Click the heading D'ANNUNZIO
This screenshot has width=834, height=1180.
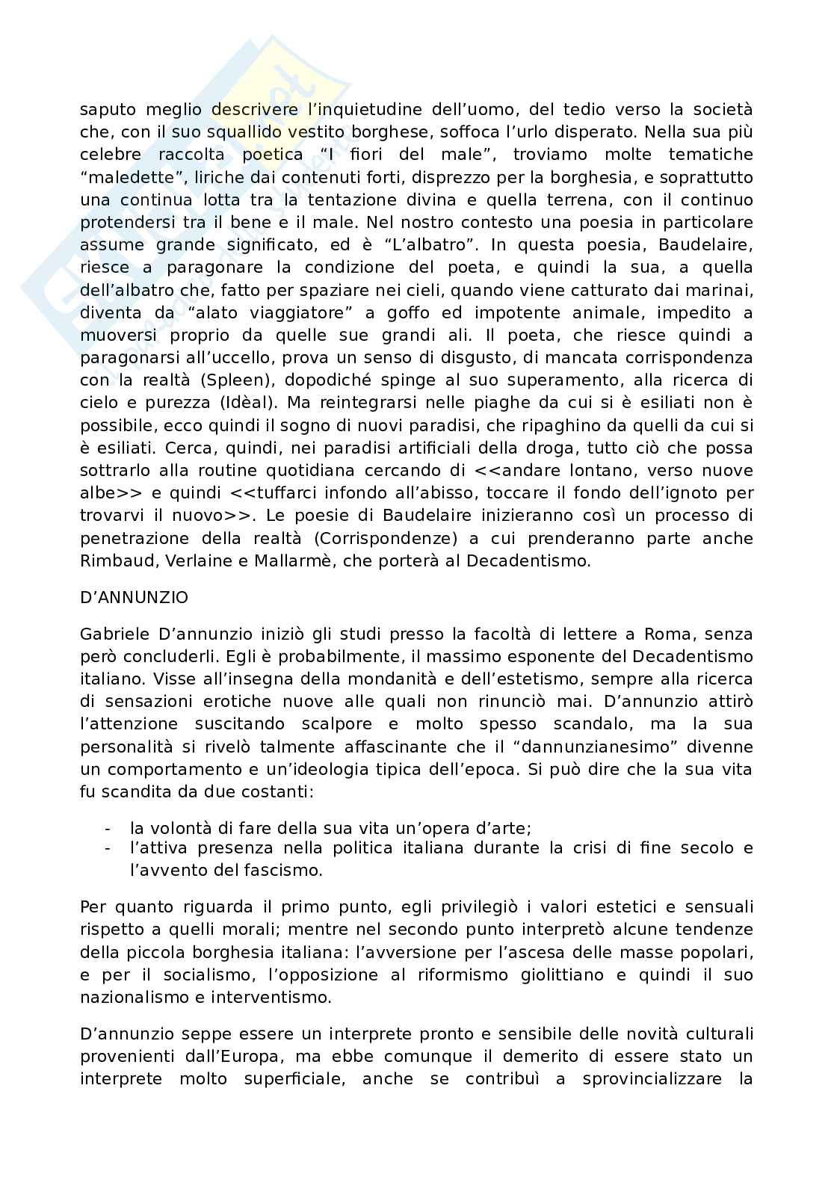click(134, 597)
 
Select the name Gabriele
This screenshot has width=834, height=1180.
click(114, 634)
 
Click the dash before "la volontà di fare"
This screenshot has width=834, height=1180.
click(108, 829)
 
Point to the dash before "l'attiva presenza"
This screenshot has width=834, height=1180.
click(108, 848)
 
